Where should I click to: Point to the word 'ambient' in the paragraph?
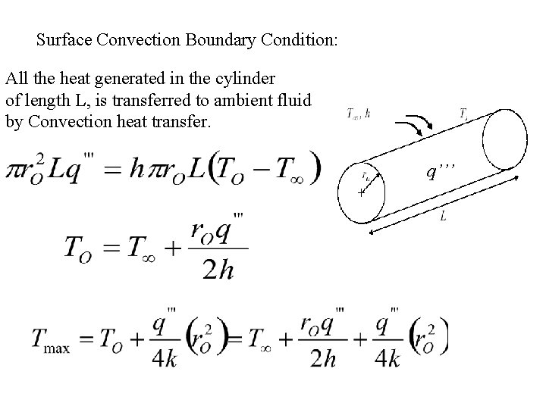click(245, 99)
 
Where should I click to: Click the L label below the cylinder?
click(443, 218)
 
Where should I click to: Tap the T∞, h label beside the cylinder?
click(358, 114)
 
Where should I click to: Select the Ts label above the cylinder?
click(463, 114)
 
